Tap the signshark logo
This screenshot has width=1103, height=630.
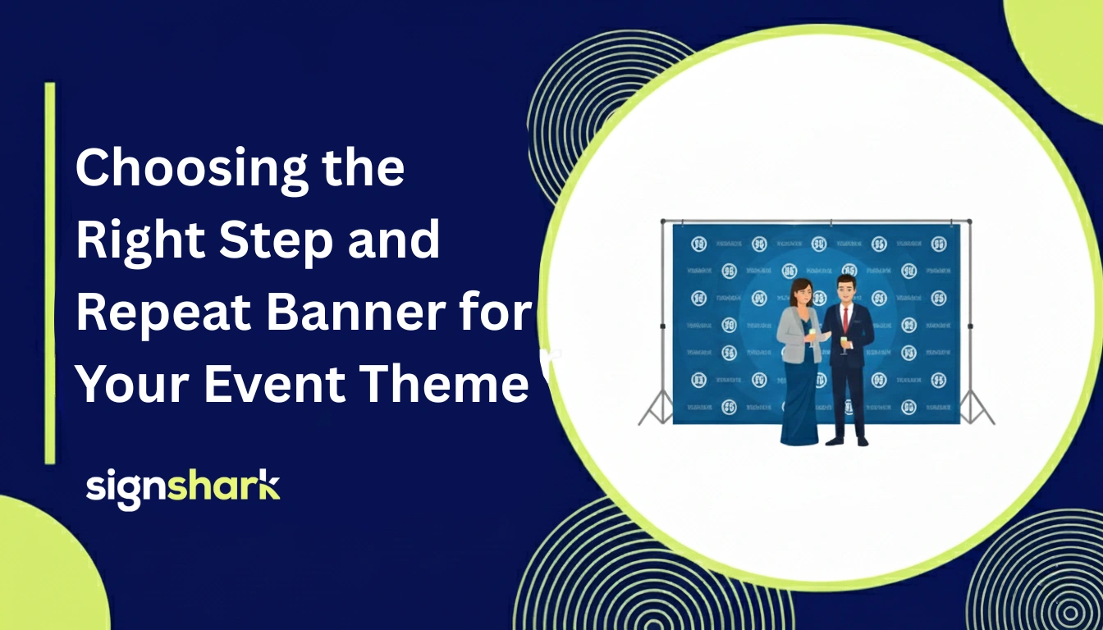pos(183,488)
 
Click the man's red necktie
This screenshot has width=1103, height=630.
pos(844,319)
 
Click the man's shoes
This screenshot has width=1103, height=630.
pos(847,441)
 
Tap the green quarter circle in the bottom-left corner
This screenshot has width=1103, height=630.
pos(41,574)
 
